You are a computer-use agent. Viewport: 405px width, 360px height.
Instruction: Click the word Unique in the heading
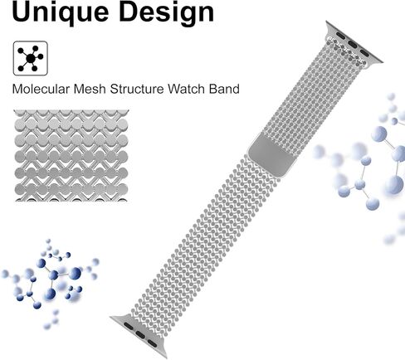click(x=61, y=12)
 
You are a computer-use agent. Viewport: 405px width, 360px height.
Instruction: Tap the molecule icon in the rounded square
click(x=31, y=58)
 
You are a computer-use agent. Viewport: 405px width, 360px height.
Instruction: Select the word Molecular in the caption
click(x=41, y=89)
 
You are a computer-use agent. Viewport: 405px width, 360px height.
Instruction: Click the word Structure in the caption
click(x=137, y=89)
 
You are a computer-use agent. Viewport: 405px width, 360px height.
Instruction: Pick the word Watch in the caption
click(x=187, y=89)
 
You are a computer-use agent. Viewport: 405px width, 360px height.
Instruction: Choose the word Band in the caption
click(x=224, y=89)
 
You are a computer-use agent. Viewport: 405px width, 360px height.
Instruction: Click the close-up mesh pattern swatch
click(x=71, y=155)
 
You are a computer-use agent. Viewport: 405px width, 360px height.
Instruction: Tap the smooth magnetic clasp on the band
click(x=271, y=154)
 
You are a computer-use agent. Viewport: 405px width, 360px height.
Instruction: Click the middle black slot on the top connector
click(x=353, y=44)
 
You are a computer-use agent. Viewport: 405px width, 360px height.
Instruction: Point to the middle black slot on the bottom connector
click(x=140, y=335)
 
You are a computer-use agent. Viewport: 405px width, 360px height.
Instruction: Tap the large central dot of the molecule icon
click(x=31, y=58)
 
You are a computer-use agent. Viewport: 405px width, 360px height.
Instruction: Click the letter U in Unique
click(x=22, y=12)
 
